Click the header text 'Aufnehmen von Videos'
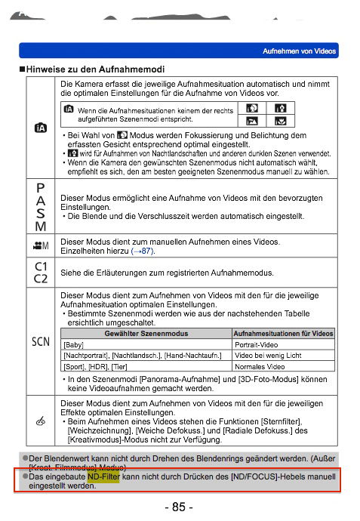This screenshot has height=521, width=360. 299,51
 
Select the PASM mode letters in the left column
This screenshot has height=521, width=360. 39,206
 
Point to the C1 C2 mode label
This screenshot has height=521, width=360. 39,271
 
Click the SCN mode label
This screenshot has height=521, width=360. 39,341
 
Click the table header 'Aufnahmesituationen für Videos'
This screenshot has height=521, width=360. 284,333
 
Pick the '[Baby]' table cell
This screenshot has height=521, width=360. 75,344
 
